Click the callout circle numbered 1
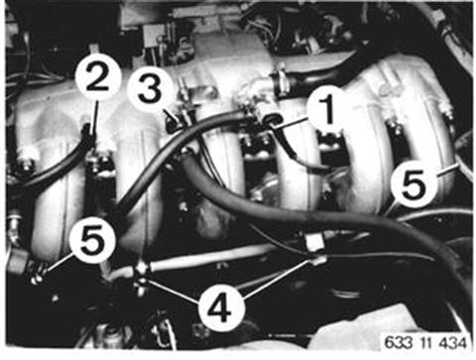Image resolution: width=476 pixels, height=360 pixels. pos(328,108)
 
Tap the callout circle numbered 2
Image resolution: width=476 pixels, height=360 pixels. pos(97,78)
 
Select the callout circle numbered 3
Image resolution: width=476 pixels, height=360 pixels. pos(150,89)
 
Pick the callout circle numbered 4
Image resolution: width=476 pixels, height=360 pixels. pos(221,309)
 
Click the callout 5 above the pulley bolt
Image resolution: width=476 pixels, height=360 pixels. pos(92,240)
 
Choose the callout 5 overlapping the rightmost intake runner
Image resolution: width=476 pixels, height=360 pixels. pos(414,184)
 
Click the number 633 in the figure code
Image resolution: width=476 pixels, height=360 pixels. pos(400,342)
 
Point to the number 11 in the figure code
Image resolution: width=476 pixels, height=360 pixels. pos(425,342)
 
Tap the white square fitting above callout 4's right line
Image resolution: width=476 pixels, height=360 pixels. pos(314,241)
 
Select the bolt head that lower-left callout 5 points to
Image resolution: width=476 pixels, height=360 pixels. pos(37,277)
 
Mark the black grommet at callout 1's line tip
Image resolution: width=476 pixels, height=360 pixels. pos(272,120)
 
